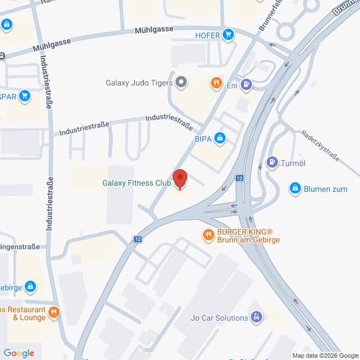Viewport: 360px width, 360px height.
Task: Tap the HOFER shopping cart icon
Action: (228, 35)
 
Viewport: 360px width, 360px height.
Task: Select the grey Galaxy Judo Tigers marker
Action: (181, 83)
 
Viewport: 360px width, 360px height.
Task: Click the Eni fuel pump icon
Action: (246, 85)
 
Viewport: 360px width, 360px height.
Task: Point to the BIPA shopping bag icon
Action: (220, 138)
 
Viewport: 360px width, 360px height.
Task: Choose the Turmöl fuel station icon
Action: (272, 163)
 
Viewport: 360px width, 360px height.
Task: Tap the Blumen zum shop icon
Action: (295, 188)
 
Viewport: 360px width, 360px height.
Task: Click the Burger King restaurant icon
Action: (208, 234)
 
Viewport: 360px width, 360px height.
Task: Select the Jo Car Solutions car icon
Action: (256, 318)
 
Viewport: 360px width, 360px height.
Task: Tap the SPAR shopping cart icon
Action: (24, 96)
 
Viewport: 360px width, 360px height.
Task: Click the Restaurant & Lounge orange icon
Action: (54, 312)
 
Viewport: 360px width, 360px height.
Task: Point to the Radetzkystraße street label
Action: (320, 146)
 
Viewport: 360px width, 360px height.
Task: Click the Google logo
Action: (19, 353)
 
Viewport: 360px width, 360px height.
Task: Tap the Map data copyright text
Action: (325, 355)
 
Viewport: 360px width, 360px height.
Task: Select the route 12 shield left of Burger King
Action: (138, 239)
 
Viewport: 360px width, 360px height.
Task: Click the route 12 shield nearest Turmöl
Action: (240, 178)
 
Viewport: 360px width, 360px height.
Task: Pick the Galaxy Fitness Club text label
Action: (137, 183)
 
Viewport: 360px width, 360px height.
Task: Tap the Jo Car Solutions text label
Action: (219, 318)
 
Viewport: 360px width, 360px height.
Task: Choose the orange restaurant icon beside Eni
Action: (216, 84)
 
